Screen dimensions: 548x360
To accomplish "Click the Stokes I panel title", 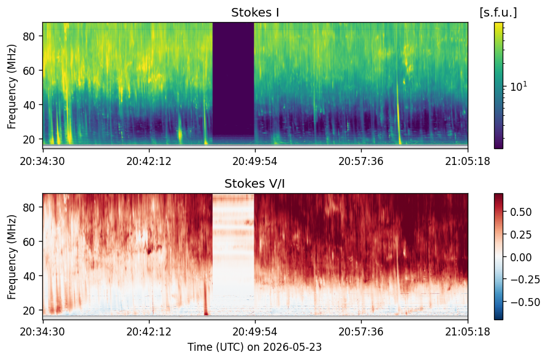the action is [255, 13].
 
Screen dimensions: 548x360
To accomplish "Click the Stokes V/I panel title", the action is [255, 183].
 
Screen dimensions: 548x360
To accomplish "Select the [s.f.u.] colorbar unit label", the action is [498, 13].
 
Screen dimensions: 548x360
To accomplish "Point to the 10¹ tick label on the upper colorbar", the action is [519, 86].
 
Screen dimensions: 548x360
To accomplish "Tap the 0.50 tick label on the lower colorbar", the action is [521, 212].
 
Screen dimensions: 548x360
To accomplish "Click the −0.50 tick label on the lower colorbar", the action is [525, 302].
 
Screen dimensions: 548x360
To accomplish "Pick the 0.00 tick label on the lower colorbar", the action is [521, 257].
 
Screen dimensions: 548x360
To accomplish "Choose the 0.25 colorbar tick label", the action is [521, 234].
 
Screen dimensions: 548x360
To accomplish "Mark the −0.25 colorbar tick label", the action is [525, 280].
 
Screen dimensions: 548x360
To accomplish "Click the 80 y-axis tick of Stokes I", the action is [29, 36].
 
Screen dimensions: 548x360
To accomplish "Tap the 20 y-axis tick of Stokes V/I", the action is [29, 310].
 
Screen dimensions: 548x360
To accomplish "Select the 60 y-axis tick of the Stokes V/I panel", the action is [29, 242].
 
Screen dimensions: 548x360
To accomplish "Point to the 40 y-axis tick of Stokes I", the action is [29, 105].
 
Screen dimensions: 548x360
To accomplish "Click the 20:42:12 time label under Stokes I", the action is [149, 161].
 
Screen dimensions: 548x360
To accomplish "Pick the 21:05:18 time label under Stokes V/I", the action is [468, 331].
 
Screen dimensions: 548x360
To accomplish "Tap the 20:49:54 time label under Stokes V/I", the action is [255, 331].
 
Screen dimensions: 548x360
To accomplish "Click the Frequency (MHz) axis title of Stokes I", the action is [12, 86].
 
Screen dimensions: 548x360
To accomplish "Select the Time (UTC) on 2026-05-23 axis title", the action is [255, 347].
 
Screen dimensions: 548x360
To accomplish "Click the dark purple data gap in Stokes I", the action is [233, 79].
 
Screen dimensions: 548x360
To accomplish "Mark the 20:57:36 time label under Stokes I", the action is [361, 161].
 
